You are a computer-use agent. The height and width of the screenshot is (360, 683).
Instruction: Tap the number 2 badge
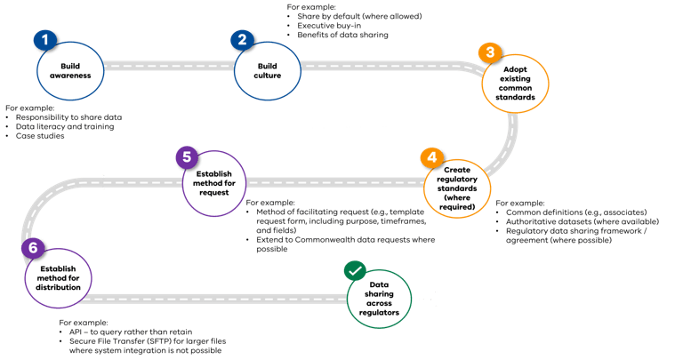(x=241, y=40)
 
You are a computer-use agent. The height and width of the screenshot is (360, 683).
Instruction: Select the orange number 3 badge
(x=489, y=53)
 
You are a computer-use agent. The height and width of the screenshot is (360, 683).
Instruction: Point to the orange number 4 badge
(x=432, y=157)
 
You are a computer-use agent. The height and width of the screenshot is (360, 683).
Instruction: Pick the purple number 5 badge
(x=186, y=158)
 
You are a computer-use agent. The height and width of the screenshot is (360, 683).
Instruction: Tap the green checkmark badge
(x=355, y=270)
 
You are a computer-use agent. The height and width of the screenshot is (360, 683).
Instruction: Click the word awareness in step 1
(x=71, y=76)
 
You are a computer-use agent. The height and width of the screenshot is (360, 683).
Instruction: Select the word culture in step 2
(x=269, y=76)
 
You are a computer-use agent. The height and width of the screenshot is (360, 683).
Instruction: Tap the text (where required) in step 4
(x=457, y=206)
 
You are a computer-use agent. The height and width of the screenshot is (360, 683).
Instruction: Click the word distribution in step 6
(x=59, y=288)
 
